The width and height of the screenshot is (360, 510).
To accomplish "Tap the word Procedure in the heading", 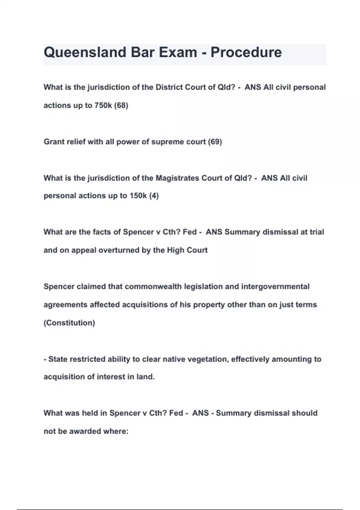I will pos(246,52).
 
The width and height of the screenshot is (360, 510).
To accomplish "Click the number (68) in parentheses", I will pos(121,106).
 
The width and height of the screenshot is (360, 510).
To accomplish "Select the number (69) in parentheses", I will pos(215,142).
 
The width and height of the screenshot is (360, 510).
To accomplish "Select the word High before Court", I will pos(175,250).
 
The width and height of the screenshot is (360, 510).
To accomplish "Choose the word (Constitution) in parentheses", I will pos(69,323).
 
